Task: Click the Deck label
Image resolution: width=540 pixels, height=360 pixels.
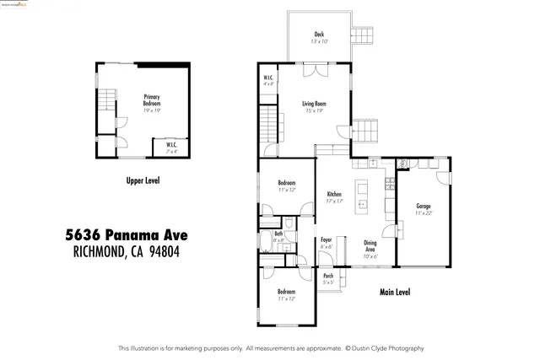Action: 319,35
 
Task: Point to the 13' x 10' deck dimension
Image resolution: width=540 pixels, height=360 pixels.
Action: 319,41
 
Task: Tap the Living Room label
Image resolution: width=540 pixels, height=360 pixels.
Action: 314,104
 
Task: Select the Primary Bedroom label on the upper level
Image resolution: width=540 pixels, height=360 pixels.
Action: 152,100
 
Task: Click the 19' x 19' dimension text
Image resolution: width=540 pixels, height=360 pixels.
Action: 152,110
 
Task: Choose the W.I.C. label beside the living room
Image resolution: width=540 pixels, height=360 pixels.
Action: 267,79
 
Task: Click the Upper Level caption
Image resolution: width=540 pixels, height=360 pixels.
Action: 143,180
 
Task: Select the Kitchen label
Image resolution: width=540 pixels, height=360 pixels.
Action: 334,195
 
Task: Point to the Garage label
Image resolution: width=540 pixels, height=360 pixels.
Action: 424,206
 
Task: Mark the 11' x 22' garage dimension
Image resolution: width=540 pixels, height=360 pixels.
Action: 424,212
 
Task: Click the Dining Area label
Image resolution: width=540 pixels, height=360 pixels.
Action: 370,246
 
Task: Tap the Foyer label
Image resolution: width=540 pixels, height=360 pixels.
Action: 327,240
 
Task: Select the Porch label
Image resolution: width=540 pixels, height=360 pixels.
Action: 328,276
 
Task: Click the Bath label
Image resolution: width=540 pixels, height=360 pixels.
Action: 278,234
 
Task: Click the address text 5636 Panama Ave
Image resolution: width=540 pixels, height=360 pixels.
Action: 127,234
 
